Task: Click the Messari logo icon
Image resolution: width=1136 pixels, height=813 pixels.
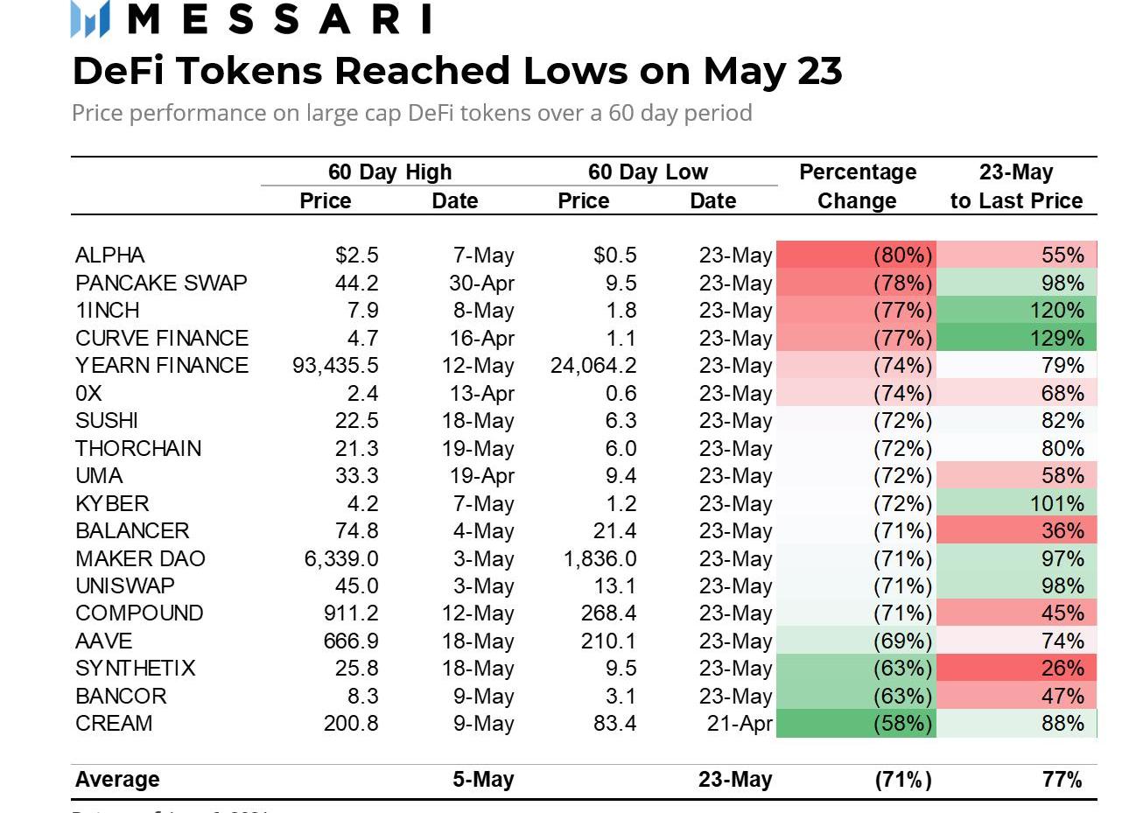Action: pyautogui.click(x=90, y=18)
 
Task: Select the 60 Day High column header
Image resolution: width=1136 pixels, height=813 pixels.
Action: pyautogui.click(x=389, y=172)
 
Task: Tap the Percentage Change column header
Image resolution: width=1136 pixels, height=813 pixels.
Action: pyautogui.click(x=857, y=186)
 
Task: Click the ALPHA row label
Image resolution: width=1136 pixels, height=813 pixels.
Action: pyautogui.click(x=110, y=256)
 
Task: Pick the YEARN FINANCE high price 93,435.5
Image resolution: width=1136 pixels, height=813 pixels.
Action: pyautogui.click(x=335, y=366)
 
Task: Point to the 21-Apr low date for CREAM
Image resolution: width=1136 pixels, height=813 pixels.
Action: pyautogui.click(x=740, y=724)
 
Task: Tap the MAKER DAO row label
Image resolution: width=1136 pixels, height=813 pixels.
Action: pyautogui.click(x=140, y=558)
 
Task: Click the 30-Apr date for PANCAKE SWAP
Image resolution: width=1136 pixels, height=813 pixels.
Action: pyautogui.click(x=478, y=284)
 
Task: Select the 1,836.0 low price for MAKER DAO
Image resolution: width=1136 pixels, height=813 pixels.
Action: pyautogui.click(x=600, y=558)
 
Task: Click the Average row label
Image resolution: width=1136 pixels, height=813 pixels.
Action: pyautogui.click(x=117, y=780)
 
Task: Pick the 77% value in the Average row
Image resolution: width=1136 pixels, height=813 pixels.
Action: pyautogui.click(x=1062, y=780)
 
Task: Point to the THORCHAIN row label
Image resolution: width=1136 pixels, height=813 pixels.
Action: pyautogui.click(x=138, y=449)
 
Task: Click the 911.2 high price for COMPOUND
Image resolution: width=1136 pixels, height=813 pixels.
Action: pyautogui.click(x=351, y=613)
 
